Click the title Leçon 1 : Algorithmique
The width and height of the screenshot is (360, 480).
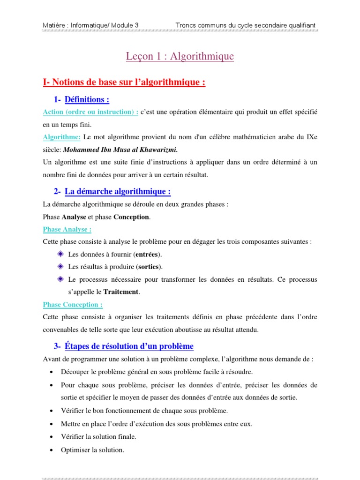(180, 57)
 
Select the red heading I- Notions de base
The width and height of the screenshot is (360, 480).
(124, 82)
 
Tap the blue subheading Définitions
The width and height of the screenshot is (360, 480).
(87, 99)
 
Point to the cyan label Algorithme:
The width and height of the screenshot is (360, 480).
(61, 137)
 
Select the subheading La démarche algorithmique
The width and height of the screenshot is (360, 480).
(118, 191)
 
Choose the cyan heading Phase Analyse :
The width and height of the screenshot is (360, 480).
(67, 229)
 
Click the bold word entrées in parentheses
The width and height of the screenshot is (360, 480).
(147, 255)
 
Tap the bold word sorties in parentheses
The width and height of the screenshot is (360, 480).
(149, 267)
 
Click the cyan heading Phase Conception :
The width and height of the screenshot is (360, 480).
(73, 305)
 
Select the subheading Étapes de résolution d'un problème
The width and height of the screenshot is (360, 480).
(129, 346)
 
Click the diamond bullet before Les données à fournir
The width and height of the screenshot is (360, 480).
(60, 254)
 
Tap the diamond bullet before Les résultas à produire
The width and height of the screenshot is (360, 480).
(60, 267)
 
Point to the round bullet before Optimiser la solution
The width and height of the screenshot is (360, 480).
(51, 450)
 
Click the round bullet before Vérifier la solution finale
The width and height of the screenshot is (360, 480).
(51, 437)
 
